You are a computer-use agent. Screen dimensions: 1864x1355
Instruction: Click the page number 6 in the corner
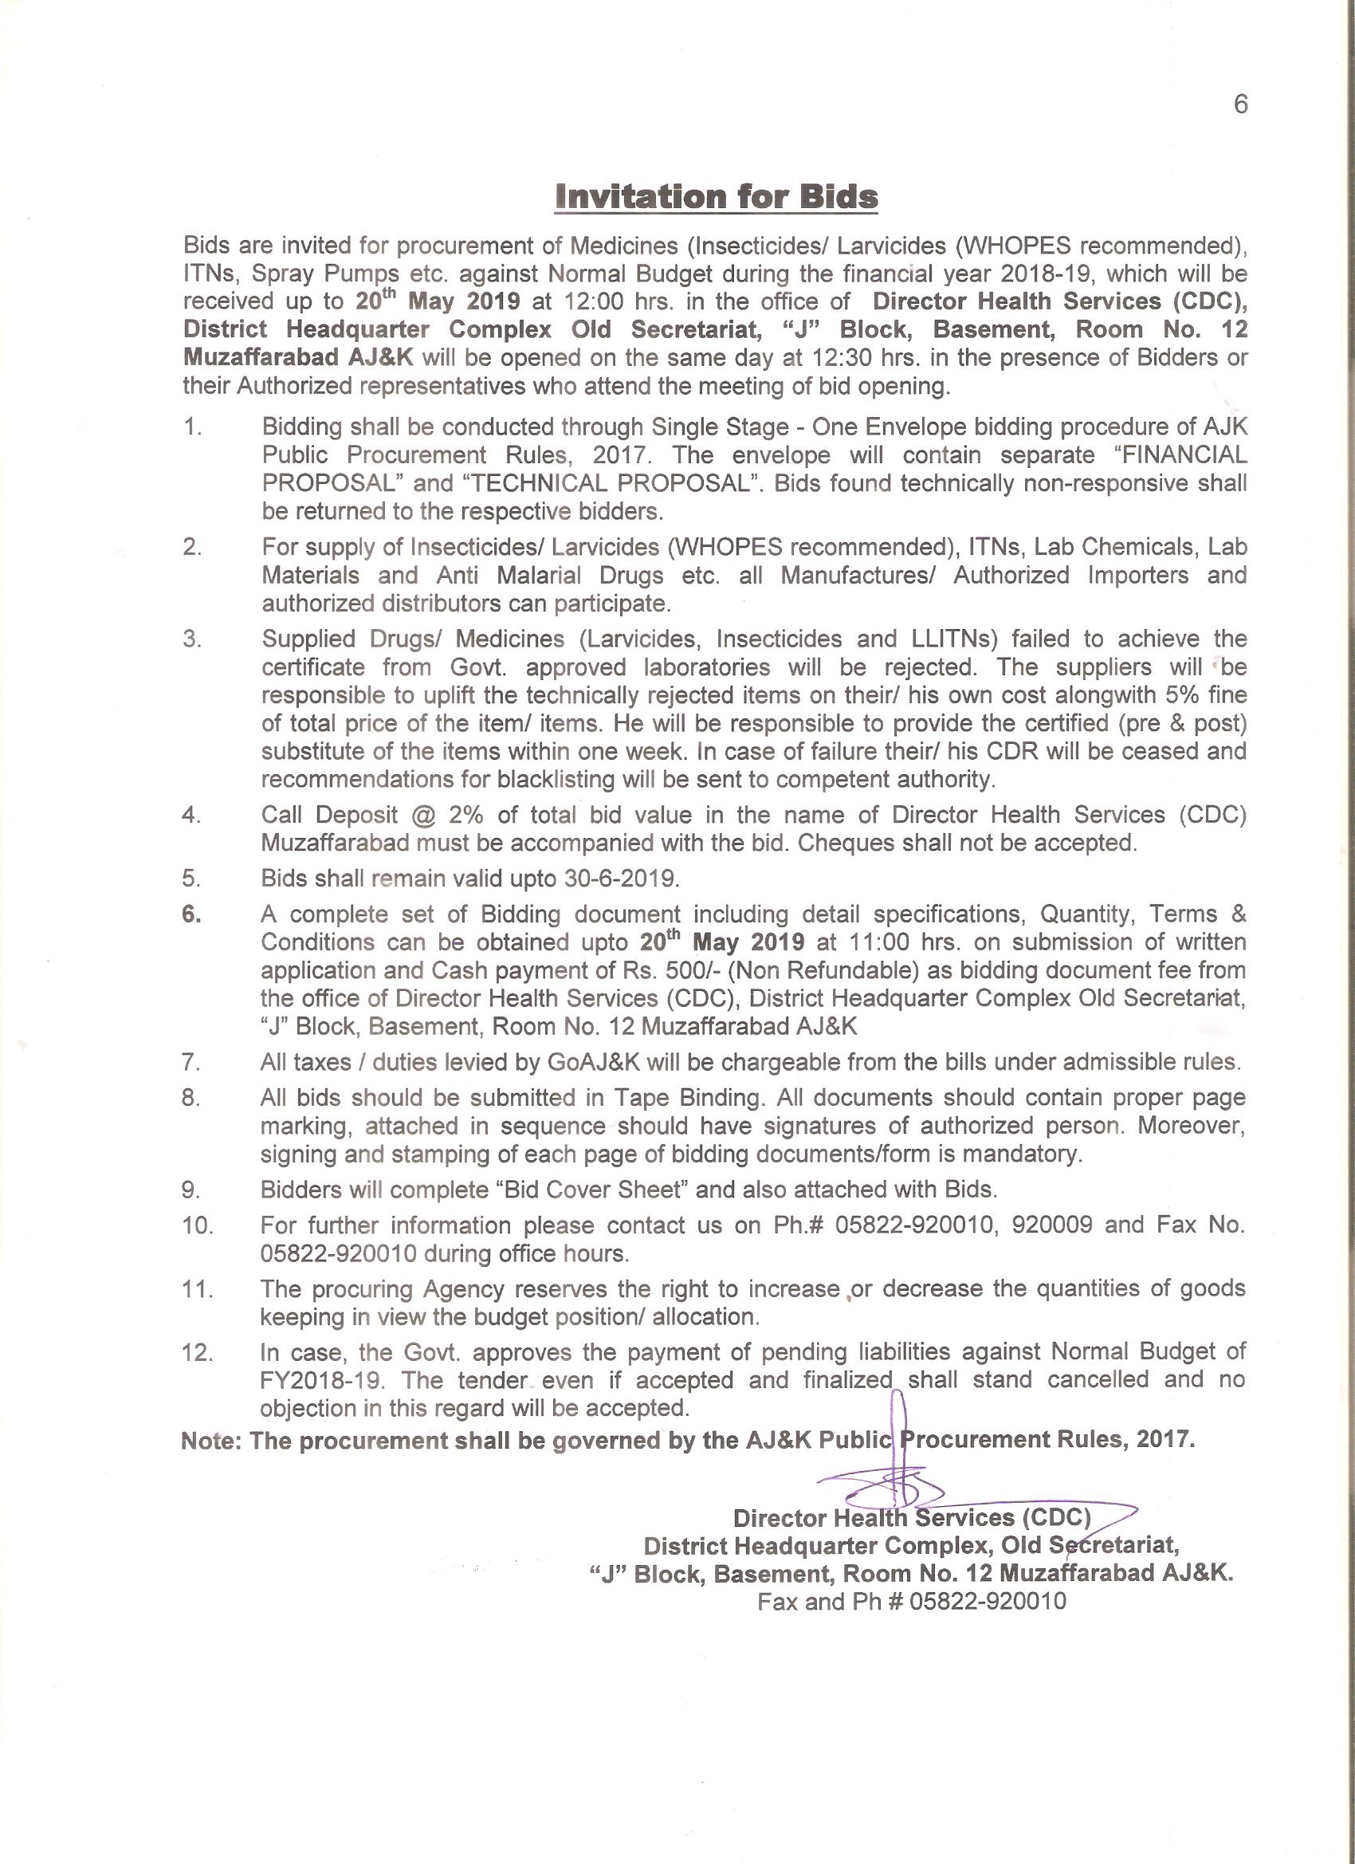[x=1240, y=104]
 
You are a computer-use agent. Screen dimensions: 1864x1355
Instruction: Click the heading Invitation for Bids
[x=716, y=197]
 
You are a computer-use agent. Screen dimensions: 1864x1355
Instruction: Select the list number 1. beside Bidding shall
[x=192, y=427]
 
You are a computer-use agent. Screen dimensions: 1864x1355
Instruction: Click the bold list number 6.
[x=191, y=914]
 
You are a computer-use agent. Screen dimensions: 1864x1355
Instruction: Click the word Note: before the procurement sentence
[x=211, y=1441]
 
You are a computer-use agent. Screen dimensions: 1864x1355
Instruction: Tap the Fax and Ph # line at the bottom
[x=911, y=1601]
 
